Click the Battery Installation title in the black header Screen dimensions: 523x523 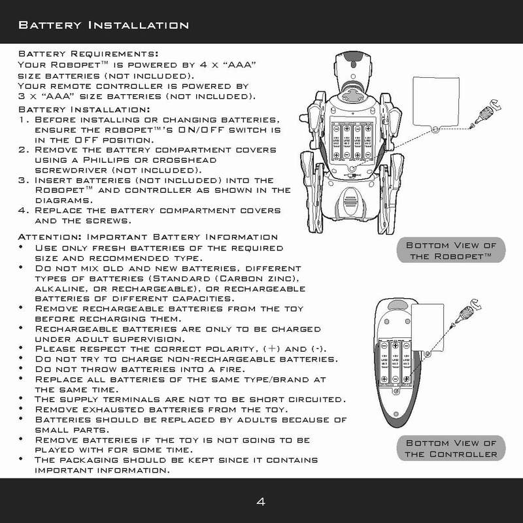[103, 25]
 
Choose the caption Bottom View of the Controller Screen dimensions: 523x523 [450, 448]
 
